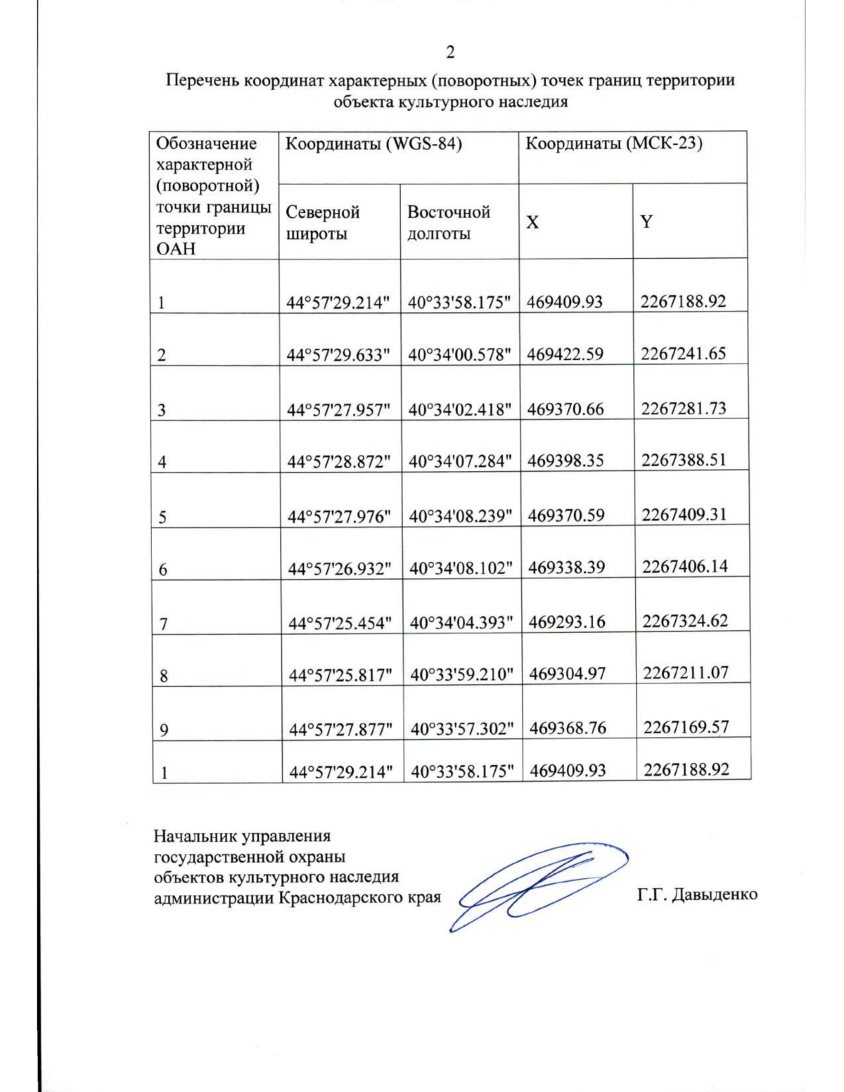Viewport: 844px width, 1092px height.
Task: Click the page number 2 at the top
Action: tap(450, 52)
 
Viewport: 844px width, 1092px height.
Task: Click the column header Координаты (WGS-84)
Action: tap(373, 144)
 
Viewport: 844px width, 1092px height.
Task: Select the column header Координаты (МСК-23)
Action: tap(614, 144)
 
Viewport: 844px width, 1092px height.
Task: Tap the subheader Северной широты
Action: tap(323, 223)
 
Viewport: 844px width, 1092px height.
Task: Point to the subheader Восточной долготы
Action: tap(448, 223)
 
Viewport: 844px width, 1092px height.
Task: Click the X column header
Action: tap(533, 223)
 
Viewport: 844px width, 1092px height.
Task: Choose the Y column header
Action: tap(646, 222)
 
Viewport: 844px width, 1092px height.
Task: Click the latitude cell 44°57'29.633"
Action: tap(338, 355)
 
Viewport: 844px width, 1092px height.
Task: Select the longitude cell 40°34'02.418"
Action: tap(460, 409)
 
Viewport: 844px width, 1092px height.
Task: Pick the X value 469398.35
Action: tap(565, 461)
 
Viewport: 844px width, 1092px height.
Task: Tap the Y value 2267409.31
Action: tap(684, 515)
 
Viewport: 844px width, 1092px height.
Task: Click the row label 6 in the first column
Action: tap(163, 570)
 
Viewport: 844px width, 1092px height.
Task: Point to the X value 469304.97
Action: tap(568, 674)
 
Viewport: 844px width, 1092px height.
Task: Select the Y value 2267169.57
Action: tap(686, 727)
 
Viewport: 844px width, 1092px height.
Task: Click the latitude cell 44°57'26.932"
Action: tap(340, 569)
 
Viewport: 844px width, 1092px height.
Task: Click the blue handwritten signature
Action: tap(535, 885)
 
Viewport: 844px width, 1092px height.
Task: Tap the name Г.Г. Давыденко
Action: tap(697, 894)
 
